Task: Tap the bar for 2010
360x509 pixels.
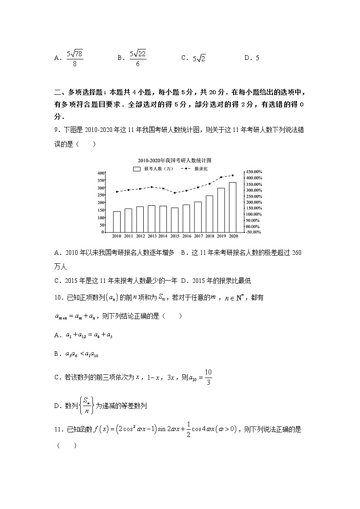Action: pos(117,221)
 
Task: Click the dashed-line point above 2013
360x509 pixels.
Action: pos(151,187)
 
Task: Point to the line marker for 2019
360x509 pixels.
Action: pos(221,177)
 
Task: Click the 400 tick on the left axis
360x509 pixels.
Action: pos(101,173)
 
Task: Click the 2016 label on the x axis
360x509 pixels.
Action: pos(186,236)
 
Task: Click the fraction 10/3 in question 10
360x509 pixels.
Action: pos(208,376)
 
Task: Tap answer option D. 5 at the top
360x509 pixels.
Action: pos(252,58)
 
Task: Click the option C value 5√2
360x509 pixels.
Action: pos(199,58)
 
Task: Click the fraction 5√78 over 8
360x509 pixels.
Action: pos(74,58)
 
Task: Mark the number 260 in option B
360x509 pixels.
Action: pos(296,252)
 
